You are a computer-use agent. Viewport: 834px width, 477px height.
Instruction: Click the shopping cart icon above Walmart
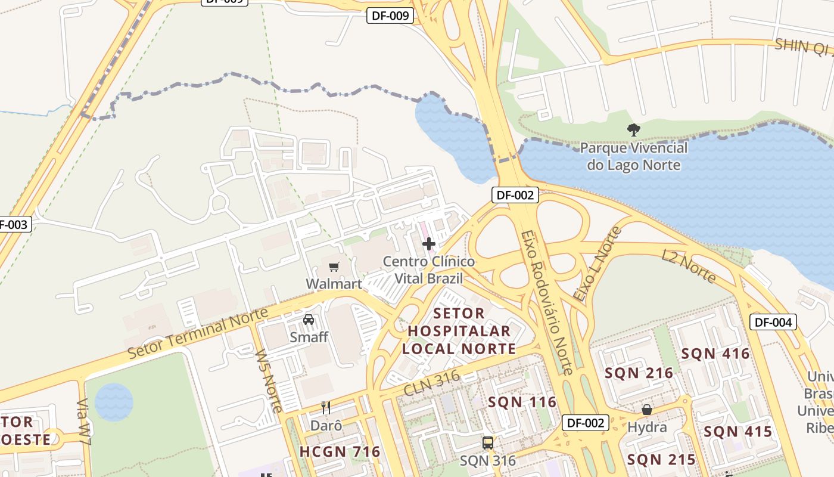point(334,267)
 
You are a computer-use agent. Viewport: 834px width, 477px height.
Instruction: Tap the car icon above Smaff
point(309,320)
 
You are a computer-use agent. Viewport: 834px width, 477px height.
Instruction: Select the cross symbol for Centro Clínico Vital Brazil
point(428,244)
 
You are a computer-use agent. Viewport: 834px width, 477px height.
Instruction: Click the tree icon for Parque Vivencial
point(633,129)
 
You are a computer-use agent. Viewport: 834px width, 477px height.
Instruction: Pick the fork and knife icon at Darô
point(326,408)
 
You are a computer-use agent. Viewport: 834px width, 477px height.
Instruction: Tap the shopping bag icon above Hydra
point(647,410)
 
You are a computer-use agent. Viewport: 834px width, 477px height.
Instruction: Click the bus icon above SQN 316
point(488,443)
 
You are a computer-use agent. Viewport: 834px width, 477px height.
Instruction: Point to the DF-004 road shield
point(773,323)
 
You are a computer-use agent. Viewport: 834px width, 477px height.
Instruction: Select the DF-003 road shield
point(12,225)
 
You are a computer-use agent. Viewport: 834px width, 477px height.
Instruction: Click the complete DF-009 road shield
point(390,16)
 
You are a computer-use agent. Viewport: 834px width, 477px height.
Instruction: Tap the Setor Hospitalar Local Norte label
point(458,331)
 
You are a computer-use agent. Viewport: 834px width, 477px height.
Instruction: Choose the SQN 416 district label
point(715,354)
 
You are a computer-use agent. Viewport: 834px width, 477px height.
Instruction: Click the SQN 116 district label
point(522,402)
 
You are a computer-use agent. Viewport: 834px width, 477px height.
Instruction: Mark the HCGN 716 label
point(340,452)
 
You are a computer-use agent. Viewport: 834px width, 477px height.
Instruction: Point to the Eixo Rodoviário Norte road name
point(546,302)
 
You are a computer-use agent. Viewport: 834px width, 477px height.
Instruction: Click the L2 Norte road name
point(689,266)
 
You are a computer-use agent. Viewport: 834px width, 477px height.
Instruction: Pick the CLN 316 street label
point(432,383)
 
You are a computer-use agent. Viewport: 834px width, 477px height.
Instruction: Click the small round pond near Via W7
point(114,402)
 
